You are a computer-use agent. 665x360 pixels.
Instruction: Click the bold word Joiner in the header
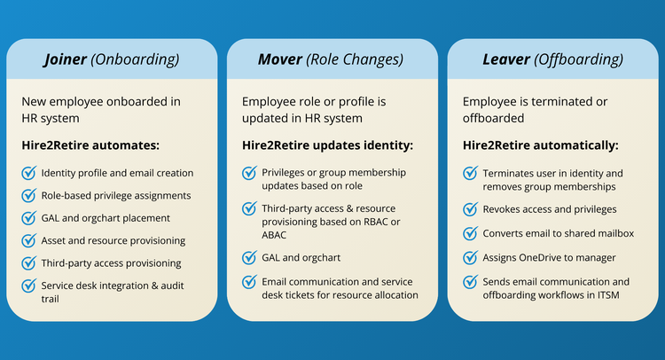[x=66, y=59]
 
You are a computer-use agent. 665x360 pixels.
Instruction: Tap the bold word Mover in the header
[x=280, y=59]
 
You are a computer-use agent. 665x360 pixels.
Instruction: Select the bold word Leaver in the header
[x=506, y=59]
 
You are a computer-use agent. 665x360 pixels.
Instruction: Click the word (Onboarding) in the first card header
[x=135, y=59]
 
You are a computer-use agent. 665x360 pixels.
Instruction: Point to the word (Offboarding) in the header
[x=578, y=59]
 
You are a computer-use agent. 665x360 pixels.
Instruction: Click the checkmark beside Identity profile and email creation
[x=29, y=173]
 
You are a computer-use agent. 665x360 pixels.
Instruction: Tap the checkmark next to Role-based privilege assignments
[x=29, y=195]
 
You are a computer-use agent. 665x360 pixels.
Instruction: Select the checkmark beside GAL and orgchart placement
[x=29, y=218]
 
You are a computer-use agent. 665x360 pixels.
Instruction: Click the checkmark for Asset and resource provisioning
[x=29, y=240]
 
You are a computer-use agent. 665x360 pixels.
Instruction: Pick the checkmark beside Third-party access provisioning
[x=29, y=262]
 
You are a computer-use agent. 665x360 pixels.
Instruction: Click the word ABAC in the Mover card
[x=274, y=235]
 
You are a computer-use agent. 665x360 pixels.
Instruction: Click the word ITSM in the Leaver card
[x=608, y=295]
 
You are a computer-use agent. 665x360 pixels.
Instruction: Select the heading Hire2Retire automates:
[x=90, y=145]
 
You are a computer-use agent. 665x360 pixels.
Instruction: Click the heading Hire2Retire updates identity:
[x=327, y=145]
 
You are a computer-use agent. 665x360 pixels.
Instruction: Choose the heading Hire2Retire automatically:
[x=540, y=145]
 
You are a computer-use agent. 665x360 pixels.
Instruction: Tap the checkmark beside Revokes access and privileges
[x=470, y=209]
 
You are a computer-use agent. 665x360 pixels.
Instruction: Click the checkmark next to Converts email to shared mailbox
[x=470, y=233]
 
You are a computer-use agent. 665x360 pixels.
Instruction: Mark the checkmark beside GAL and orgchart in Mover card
[x=249, y=257]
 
